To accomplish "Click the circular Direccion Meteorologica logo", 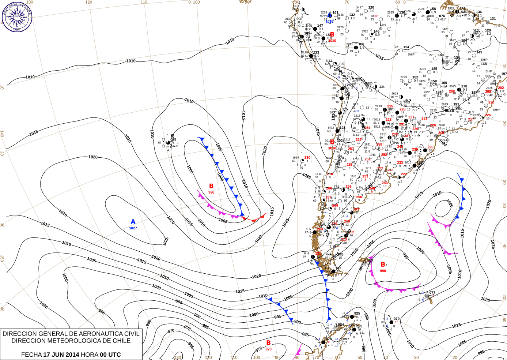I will tap(17, 16).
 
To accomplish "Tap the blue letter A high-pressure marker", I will tap(133, 222).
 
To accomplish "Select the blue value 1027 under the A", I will tap(133, 228).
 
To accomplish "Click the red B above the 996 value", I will tap(211, 186).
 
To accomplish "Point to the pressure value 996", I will tap(211, 192).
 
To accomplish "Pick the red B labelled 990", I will tap(383, 264).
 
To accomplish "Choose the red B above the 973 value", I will tap(268, 343).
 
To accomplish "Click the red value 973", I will tap(268, 349).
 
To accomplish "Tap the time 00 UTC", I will tap(110, 355).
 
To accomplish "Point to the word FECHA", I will tap(31, 355).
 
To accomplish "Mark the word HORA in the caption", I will tap(89, 355).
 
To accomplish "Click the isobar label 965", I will tap(190, 345).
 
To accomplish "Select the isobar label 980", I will tap(148, 323).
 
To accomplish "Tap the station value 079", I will tap(396, 319).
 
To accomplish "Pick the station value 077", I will tap(432, 293).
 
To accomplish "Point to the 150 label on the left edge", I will tap(2, 258).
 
